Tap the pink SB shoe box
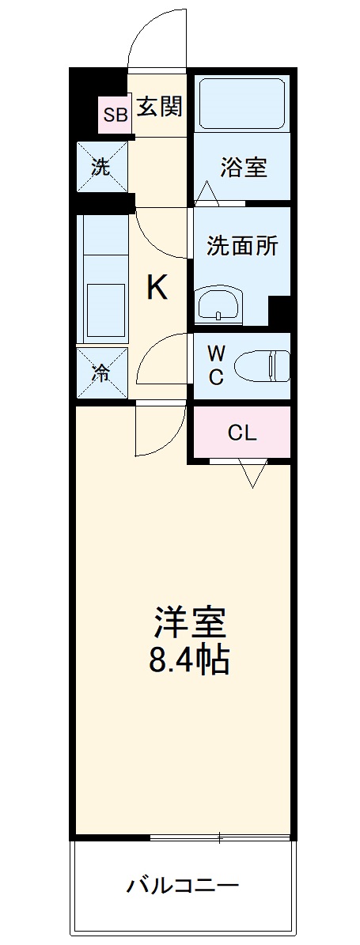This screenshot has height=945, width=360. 115,115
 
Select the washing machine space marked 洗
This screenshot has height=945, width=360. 102,166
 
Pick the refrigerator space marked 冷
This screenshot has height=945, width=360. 102,373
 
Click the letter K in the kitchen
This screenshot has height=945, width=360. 158,289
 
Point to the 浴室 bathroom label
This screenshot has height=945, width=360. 242,167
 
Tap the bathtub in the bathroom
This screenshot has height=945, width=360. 242,103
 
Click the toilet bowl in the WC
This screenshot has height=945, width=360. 261,366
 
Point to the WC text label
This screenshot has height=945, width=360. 216,365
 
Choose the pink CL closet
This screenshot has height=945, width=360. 241,432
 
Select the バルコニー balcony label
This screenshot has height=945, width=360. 183,886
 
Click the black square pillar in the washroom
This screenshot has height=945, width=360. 279,312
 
